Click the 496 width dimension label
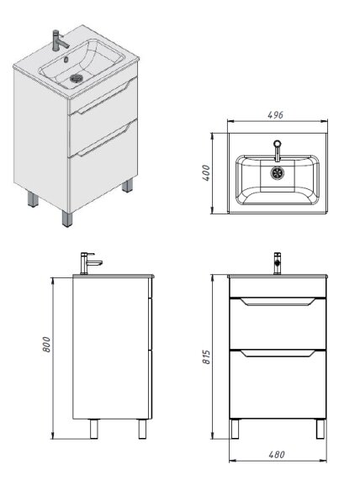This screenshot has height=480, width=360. (x=275, y=115)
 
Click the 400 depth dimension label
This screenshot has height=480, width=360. (x=206, y=173)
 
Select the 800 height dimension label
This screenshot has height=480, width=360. (x=46, y=345)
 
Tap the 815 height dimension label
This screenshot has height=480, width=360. (x=207, y=357)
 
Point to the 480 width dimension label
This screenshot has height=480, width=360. (x=277, y=455)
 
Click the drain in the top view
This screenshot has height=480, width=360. (x=278, y=173)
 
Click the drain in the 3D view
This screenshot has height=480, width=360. (x=77, y=78)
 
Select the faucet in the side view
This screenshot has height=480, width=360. (x=90, y=263)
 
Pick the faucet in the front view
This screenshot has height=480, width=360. (x=278, y=263)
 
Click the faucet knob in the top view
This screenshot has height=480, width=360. (x=278, y=143)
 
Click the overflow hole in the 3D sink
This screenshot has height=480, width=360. (x=66, y=60)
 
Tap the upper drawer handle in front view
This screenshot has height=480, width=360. (x=278, y=302)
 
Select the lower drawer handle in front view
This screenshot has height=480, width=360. (x=278, y=353)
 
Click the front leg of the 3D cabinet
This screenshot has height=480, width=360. (x=67, y=219)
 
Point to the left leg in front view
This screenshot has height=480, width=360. (x=235, y=429)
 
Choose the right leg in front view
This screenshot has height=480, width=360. (x=320, y=429)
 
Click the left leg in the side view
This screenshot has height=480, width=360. (x=93, y=429)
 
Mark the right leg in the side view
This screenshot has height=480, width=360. (x=142, y=429)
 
